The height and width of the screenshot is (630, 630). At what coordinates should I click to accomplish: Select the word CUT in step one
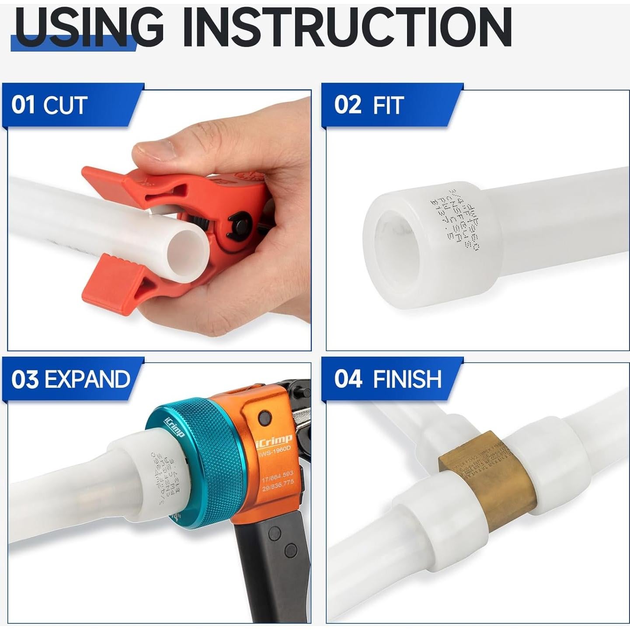point(65,105)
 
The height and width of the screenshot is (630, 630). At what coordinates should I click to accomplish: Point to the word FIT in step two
point(387,105)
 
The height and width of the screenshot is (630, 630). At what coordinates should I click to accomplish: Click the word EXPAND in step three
point(87,379)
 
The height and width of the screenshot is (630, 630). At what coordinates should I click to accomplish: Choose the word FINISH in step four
point(407,379)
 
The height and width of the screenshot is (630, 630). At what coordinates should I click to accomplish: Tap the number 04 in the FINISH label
point(348,379)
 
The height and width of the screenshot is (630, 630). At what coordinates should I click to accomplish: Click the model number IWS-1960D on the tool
point(276,453)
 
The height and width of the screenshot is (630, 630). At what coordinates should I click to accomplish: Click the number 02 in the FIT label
point(348,105)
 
